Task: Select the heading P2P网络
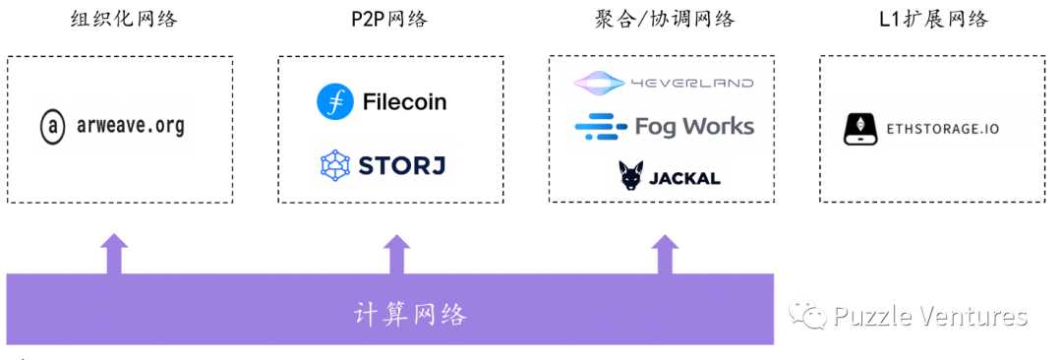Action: click(x=389, y=19)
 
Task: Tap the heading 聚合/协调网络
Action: click(x=664, y=19)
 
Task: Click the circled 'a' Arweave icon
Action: click(x=51, y=127)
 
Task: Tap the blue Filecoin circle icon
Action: click(x=334, y=101)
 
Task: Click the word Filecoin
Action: click(x=404, y=101)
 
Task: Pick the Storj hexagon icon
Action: click(x=335, y=164)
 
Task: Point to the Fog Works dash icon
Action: click(x=600, y=126)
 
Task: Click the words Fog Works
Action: click(x=694, y=126)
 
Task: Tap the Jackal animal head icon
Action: click(x=630, y=176)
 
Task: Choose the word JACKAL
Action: click(x=684, y=178)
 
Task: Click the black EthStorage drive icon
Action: click(x=859, y=129)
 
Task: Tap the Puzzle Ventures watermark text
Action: click(x=929, y=316)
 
